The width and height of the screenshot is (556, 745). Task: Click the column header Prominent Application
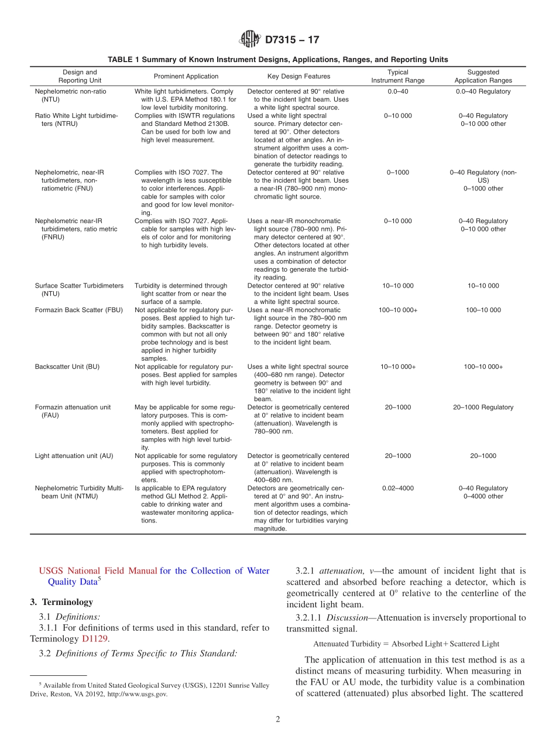click(x=186, y=76)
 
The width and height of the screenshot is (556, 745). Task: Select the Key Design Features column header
click(x=298, y=76)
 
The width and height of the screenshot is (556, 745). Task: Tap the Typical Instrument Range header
click(x=398, y=76)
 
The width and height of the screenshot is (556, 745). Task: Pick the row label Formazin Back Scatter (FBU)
click(x=79, y=310)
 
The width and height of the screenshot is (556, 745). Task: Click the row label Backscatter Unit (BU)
click(x=67, y=367)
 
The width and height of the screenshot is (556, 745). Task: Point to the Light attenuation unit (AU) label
click(x=74, y=456)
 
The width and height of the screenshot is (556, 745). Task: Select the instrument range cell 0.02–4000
click(x=398, y=488)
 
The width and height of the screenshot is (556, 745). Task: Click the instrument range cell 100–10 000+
click(x=398, y=310)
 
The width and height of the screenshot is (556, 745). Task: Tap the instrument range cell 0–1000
click(x=398, y=172)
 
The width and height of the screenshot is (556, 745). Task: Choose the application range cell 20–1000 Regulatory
click(x=483, y=407)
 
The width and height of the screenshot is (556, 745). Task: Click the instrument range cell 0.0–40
click(x=398, y=91)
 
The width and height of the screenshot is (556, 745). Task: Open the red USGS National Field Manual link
click(x=98, y=571)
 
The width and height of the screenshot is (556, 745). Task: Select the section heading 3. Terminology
click(x=61, y=602)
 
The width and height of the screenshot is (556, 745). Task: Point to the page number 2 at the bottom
click(x=278, y=720)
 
